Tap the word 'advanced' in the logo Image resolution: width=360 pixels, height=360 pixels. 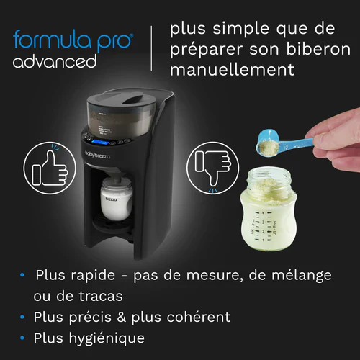pyautogui.click(x=55, y=61)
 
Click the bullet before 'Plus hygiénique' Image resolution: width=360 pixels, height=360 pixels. pyautogui.click(x=24, y=338)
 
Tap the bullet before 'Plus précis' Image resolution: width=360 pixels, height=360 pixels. pyautogui.click(x=24, y=317)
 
